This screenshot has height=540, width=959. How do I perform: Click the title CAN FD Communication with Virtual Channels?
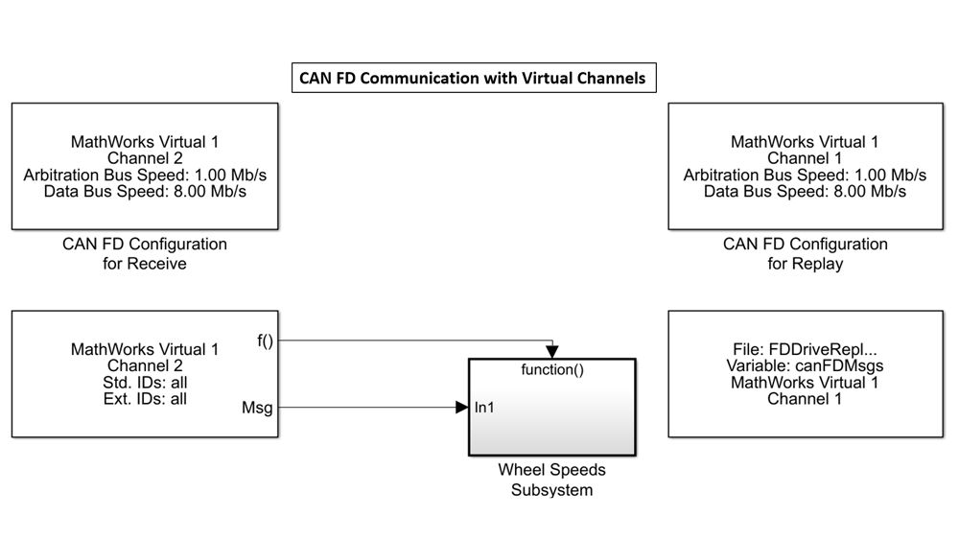(x=474, y=78)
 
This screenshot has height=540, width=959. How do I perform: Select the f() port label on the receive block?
(x=267, y=340)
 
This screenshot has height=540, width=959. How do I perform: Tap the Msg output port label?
(x=258, y=409)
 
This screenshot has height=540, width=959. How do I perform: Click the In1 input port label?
(x=485, y=408)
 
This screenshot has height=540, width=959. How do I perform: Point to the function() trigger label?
(x=551, y=370)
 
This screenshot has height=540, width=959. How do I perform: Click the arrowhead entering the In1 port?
(x=461, y=408)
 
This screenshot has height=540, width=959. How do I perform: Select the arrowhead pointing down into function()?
(x=552, y=352)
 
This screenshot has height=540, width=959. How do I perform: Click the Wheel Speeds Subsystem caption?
(x=551, y=480)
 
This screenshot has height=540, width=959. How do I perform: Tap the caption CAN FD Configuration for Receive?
(x=145, y=253)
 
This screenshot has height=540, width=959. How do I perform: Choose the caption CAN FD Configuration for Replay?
(x=805, y=253)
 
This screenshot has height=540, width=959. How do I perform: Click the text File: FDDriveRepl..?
(x=805, y=350)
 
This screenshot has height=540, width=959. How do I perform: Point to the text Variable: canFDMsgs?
(x=805, y=366)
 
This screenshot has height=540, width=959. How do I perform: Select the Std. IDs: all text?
(x=145, y=383)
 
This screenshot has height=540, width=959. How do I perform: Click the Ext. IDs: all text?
(x=145, y=399)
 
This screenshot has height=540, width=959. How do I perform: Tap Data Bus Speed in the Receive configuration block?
(x=145, y=192)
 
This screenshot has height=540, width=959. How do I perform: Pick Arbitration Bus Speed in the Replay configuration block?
(x=805, y=176)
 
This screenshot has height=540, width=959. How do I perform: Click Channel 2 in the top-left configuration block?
(x=145, y=158)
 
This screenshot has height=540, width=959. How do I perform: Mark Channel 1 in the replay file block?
(x=805, y=399)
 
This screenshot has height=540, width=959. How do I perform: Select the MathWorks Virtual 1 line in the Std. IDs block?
(x=145, y=349)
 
